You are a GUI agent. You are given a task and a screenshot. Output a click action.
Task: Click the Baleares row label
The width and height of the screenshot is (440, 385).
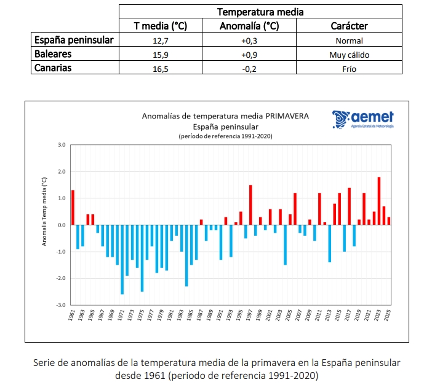tap(54, 54)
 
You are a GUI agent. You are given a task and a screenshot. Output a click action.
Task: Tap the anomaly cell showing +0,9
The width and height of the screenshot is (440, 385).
tap(250, 55)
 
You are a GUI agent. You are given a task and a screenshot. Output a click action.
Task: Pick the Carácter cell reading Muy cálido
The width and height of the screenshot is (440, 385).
tap(349, 55)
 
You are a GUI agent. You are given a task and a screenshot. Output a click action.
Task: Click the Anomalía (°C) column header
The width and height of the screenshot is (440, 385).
tap(250, 26)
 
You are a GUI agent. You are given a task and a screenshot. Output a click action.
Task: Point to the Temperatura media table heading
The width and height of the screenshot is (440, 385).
tap(260, 12)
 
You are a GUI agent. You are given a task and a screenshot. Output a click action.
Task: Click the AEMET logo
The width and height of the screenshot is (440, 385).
tap(363, 119)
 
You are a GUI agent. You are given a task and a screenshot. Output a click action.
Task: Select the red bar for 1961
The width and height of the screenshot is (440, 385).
tap(73, 208)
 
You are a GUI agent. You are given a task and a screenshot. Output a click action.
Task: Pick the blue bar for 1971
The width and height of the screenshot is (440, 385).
tap(122, 259)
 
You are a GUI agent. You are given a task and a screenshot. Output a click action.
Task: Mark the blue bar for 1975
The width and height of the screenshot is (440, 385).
tap(142, 258)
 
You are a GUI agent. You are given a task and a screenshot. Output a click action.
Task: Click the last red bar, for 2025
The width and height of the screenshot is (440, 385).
tap(389, 221)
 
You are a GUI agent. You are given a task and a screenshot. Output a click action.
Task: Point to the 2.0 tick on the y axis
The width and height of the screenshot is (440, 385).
tap(61, 172)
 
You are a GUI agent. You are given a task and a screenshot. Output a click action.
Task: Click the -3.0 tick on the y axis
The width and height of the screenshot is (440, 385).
tap(61, 305)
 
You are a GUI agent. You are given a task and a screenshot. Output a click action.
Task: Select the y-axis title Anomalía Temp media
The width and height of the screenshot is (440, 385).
tap(44, 211)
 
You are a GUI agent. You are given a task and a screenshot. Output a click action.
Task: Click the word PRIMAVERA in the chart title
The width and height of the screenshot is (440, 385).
tap(287, 115)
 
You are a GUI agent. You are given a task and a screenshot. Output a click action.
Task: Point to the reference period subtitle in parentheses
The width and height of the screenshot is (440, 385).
tap(225, 135)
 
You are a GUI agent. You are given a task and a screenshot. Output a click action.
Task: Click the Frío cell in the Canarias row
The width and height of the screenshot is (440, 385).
tap(349, 69)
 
